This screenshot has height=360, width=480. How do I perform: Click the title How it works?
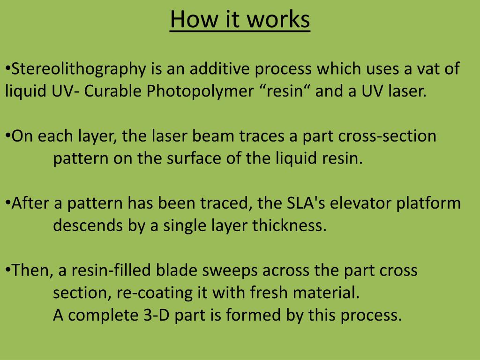coord(240,20)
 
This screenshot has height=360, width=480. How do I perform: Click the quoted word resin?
coord(285,91)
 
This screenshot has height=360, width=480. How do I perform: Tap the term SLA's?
coord(302,204)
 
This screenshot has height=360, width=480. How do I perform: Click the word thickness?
coord(289,226)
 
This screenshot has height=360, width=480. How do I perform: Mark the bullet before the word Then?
coord(8,270)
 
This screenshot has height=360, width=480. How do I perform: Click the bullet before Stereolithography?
coord(8,69)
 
